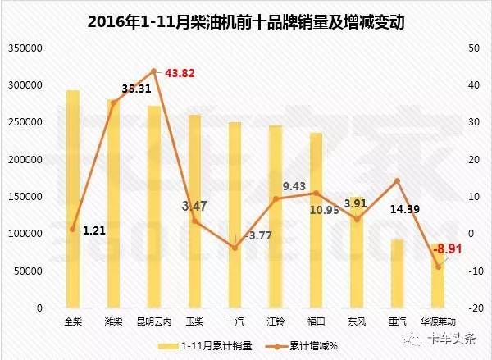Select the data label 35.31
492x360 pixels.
click(x=115, y=88)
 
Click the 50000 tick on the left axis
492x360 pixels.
click(x=30, y=271)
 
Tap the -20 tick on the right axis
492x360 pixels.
click(x=474, y=308)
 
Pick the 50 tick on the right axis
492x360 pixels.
click(x=472, y=48)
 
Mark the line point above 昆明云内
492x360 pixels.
click(x=153, y=71)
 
